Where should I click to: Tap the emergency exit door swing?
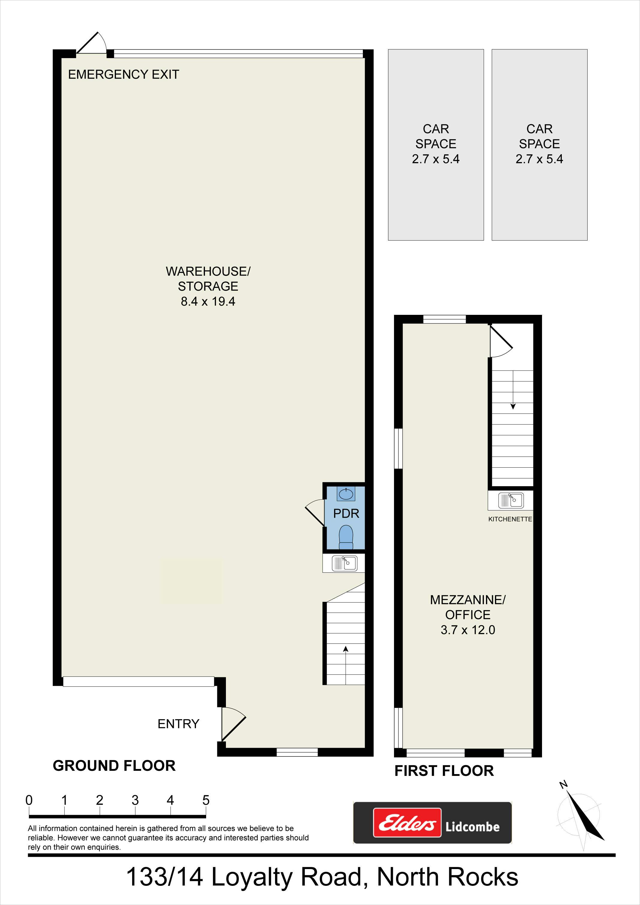coord(91,43)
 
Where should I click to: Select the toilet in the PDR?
coord(346,537)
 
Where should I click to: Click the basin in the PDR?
coord(346,493)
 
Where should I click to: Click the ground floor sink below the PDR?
coord(344,563)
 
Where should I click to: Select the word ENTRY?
coord(178,724)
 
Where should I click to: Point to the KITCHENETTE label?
coord(510,519)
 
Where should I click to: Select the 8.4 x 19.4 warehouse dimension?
coord(208,302)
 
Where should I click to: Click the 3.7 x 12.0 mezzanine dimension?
coord(468,630)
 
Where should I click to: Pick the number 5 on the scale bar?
coord(206,800)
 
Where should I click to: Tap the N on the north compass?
coord(564,785)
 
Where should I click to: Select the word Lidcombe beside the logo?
coord(473,827)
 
